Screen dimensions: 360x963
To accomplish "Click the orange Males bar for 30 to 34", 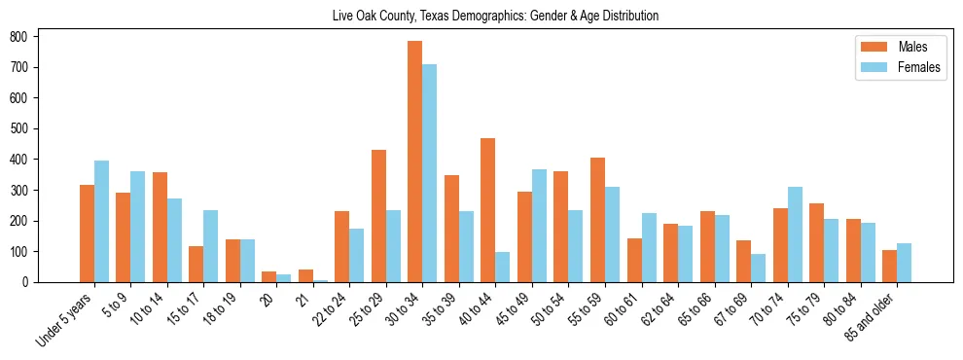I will (x=415, y=162).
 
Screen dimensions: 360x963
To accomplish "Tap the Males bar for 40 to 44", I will (x=488, y=210).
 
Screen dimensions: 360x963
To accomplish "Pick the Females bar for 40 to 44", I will (x=503, y=267).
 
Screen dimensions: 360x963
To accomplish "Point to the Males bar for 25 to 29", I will (x=378, y=216).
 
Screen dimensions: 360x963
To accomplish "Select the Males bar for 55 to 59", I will (x=597, y=220).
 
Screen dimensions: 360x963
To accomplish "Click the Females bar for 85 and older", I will (x=904, y=263).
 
